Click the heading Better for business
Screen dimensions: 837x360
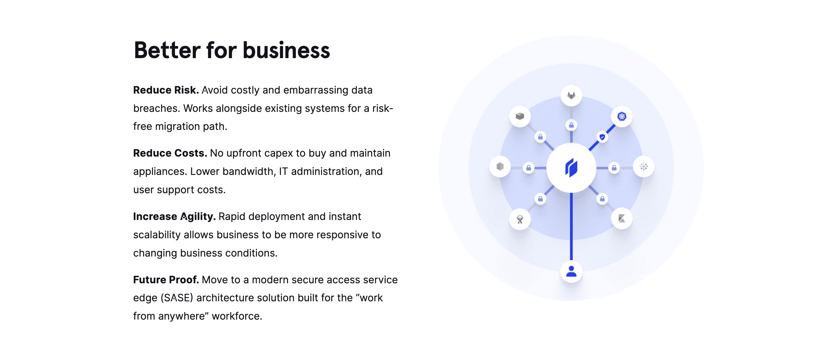pos(232,50)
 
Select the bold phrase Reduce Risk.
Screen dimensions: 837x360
pos(166,90)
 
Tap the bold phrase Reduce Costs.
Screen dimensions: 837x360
pos(170,153)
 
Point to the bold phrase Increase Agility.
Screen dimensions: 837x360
pos(174,216)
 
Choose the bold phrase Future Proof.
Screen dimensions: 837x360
pos(166,280)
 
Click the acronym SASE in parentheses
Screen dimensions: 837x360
pos(177,298)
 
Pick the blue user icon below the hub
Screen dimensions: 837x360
pos(571,271)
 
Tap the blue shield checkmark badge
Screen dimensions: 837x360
pos(602,137)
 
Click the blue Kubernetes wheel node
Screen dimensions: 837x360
pos(622,116)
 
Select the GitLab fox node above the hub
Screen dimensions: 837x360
pos(571,96)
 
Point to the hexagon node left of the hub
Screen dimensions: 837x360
pos(500,167)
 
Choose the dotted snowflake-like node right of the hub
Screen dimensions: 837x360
pos(644,167)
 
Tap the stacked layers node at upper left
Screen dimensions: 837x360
pos(520,116)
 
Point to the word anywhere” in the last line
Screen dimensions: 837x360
pos(183,316)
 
